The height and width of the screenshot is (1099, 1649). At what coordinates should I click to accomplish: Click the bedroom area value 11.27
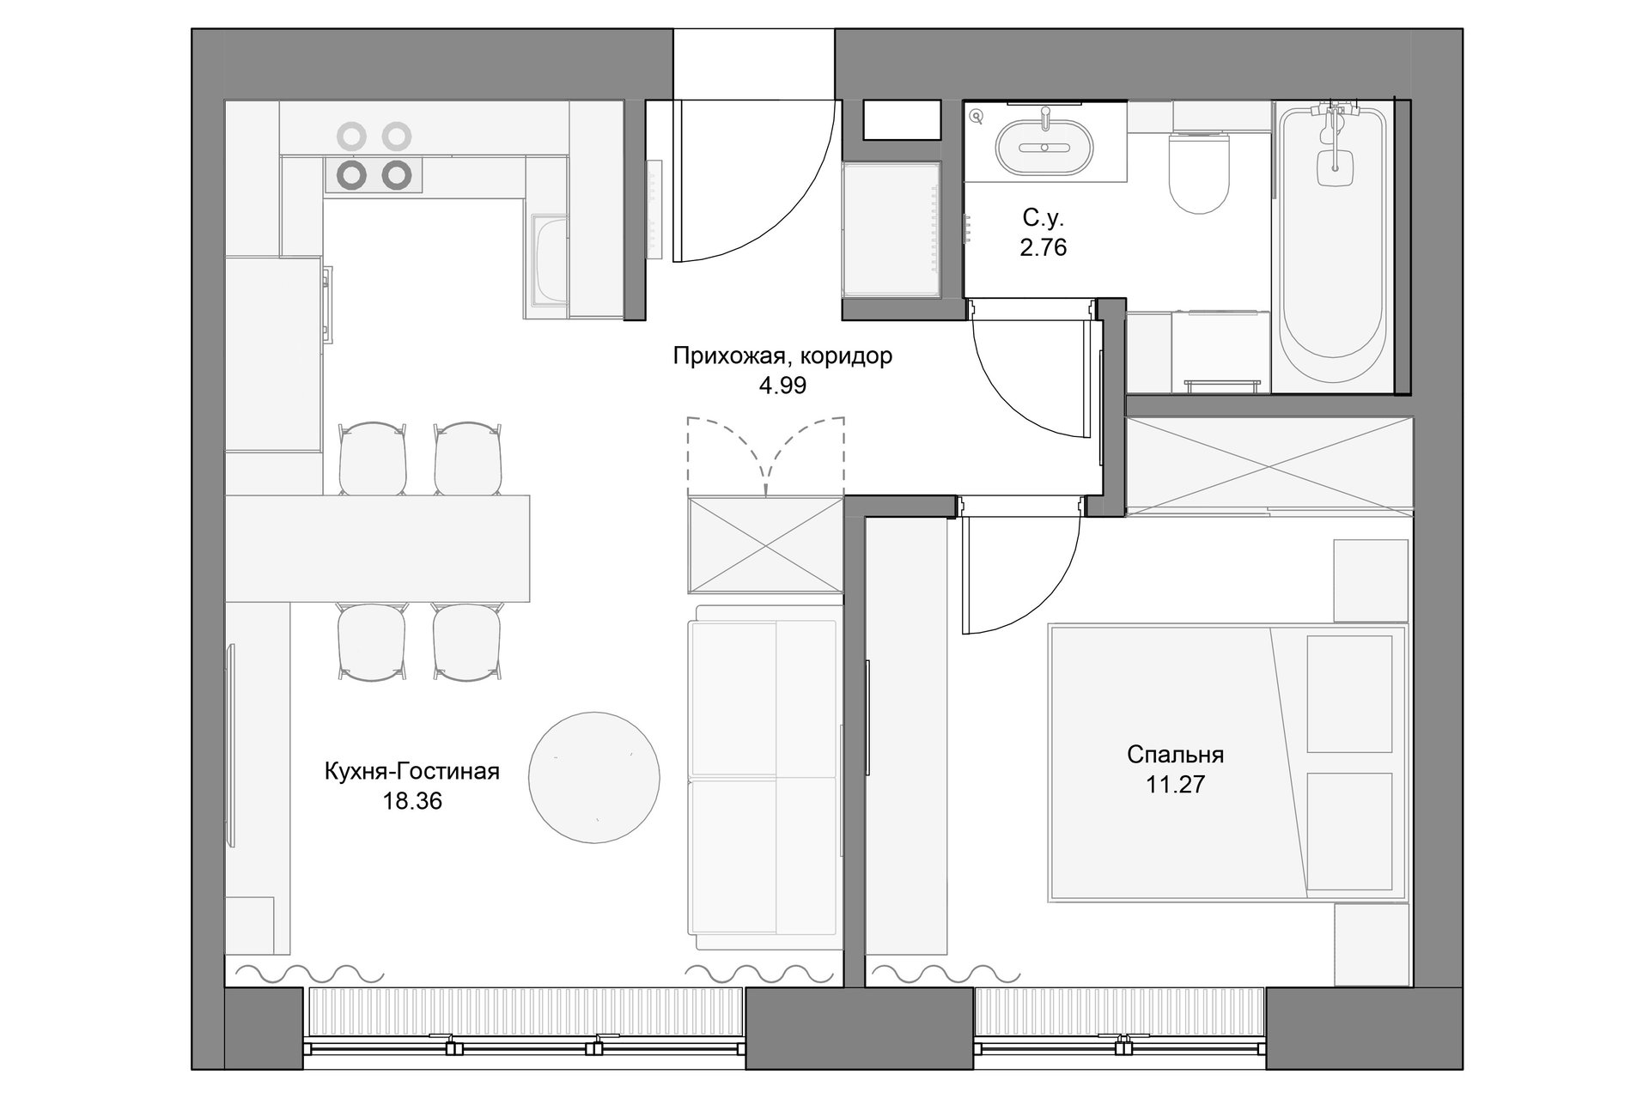[1175, 784]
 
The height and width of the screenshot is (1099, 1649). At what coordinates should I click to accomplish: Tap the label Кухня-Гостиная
[412, 772]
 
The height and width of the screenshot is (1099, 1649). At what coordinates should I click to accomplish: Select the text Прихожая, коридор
[782, 356]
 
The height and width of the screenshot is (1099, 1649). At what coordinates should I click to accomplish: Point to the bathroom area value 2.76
[1044, 247]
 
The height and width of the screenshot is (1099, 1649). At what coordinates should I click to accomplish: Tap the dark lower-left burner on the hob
[352, 174]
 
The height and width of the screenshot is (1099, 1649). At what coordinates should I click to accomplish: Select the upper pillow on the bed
[1349, 694]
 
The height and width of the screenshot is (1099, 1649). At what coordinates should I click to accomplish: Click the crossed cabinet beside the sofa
[765, 545]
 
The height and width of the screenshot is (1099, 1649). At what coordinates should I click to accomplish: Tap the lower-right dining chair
[466, 643]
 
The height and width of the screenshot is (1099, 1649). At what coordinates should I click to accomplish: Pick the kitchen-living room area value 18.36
[412, 801]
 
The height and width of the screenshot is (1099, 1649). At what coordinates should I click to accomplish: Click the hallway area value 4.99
[782, 386]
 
